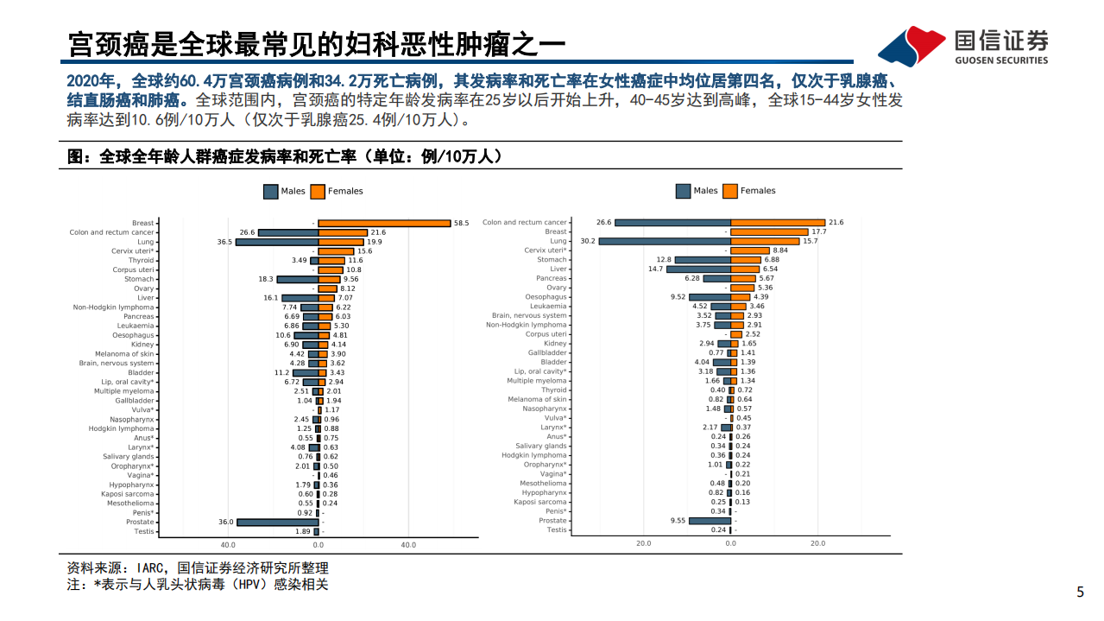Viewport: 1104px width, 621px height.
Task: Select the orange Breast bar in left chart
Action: tap(384, 223)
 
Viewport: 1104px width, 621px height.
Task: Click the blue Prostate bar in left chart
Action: tap(277, 522)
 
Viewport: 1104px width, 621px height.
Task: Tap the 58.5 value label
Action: tap(462, 223)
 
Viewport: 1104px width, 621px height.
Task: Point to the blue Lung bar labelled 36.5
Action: tap(277, 242)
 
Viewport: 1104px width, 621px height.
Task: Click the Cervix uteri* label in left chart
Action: tap(133, 251)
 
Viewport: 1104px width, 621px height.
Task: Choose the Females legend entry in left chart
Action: tap(336, 191)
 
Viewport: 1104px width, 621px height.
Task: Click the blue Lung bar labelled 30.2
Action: tap(665, 241)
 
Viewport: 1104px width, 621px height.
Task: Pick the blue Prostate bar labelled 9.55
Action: tap(710, 521)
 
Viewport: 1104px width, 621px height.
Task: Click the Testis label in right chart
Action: tap(557, 529)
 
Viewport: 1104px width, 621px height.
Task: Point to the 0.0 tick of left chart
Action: tap(318, 545)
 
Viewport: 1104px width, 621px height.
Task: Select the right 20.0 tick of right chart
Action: tap(817, 543)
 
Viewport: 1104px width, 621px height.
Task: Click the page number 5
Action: tap(1080, 592)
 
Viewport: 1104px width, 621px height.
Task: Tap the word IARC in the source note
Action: tap(154, 568)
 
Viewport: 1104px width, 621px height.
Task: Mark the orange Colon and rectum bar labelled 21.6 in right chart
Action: tap(778, 223)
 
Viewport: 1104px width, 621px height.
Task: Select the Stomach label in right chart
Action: tap(552, 259)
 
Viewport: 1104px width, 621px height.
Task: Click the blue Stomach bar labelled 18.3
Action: tap(297, 279)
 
